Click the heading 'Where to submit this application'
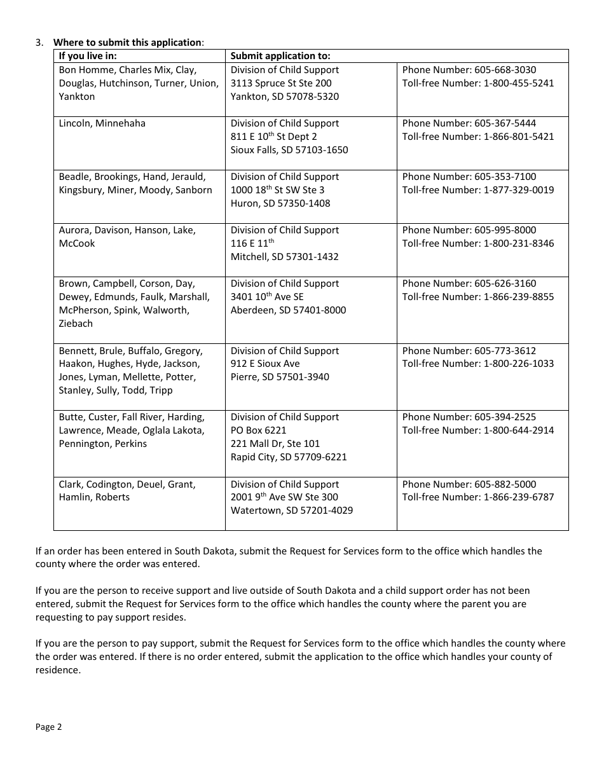pos(127,43)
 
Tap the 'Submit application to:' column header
pos(280,56)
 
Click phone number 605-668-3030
pos(505,70)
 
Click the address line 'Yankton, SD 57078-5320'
pos(284,97)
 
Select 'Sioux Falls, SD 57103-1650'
pos(289,150)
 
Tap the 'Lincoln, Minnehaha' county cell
pos(102,123)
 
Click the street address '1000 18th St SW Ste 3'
pos(277,190)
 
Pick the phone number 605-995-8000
pos(505,230)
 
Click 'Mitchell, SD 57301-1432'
pos(284,257)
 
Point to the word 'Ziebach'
pos(76,324)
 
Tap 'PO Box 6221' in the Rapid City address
pos(258,430)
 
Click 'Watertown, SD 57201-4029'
pos(292,511)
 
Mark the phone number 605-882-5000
pos(505,484)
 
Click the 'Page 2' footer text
pos(49,727)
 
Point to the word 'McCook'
pos(77,244)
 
